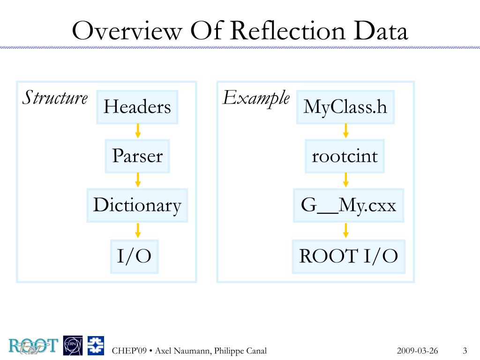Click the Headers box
[x=137, y=107]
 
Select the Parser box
[x=137, y=156]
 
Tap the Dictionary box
[x=137, y=205]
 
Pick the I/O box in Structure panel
[x=134, y=256]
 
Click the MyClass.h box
[x=345, y=107]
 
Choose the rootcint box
[x=345, y=156]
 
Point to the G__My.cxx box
[x=348, y=205]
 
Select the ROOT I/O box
[x=348, y=256]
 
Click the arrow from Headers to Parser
[x=137, y=131]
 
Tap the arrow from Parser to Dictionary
[x=137, y=180]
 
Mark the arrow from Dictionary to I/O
[x=137, y=230]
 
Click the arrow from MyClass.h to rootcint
[x=346, y=131]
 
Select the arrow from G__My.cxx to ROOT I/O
[x=346, y=230]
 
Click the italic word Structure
[x=55, y=98]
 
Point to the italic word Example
[x=255, y=98]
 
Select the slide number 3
[x=465, y=351]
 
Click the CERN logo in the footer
[x=73, y=346]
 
